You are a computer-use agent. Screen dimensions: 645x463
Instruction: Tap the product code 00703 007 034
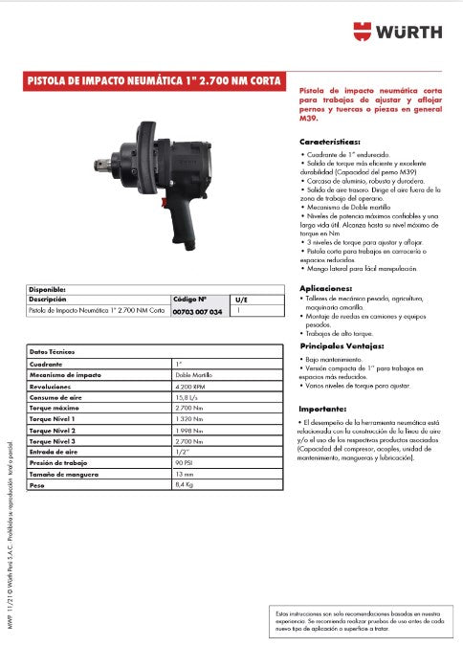(198, 312)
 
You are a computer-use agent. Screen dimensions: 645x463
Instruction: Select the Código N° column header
(189, 299)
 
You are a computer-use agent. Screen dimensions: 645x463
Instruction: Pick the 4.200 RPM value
(191, 387)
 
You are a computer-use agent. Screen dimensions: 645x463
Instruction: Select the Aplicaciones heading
(326, 288)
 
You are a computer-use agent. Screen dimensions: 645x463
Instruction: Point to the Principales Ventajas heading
(342, 345)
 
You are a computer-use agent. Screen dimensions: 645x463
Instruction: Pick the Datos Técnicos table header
(54, 353)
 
